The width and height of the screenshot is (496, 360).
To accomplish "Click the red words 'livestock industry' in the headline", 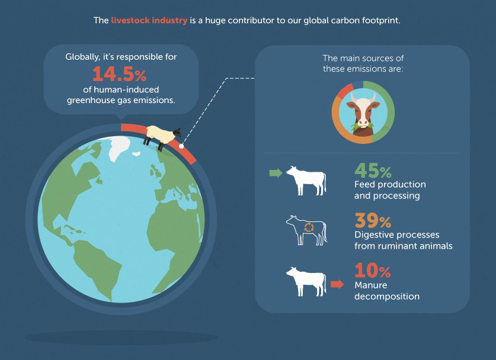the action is click(x=149, y=20).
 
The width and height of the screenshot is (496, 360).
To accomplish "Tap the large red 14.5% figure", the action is click(x=119, y=74).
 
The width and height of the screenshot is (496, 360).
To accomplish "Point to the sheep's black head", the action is click(x=177, y=133).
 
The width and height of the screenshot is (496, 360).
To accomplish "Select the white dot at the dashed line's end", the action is click(x=181, y=146).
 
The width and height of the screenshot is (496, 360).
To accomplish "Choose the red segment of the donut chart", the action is click(x=345, y=91).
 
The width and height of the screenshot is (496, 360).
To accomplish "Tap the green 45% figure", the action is click(x=373, y=171).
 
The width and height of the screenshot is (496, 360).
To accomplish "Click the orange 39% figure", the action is click(x=373, y=221).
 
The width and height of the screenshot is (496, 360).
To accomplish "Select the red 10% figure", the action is click(x=373, y=271).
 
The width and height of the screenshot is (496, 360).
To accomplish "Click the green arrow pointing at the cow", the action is click(x=276, y=173).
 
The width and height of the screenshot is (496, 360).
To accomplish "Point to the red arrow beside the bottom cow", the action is click(x=337, y=284).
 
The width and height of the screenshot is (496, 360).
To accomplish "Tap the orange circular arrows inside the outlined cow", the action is click(x=309, y=227).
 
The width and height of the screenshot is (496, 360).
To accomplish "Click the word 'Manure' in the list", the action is click(x=371, y=285).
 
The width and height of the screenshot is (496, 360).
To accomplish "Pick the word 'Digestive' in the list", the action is click(x=374, y=235).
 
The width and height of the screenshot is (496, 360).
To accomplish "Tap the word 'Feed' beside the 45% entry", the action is click(x=364, y=184).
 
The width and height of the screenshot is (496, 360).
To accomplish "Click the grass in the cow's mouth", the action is click(x=362, y=127).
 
